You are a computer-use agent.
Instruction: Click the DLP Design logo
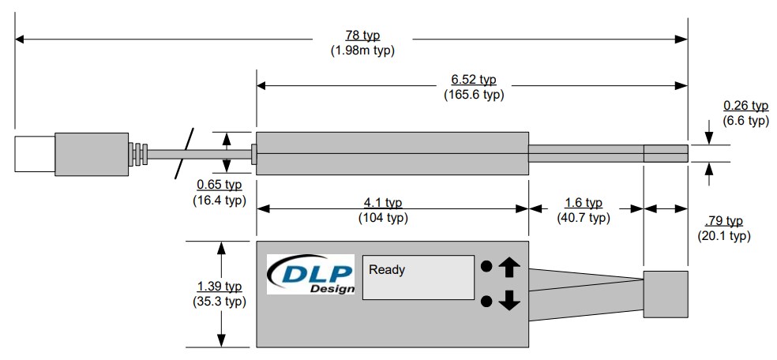[310, 274]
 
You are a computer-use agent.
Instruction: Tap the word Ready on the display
[386, 270]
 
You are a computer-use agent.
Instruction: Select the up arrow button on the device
[509, 267]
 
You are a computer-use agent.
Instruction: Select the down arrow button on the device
[509, 300]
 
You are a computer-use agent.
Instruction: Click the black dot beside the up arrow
[487, 267]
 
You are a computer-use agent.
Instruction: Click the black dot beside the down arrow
[487, 300]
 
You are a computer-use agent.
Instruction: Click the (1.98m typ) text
[362, 51]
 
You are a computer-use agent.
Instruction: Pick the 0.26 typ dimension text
[745, 106]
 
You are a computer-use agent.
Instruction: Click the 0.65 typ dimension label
[219, 186]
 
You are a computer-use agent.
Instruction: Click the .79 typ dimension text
[723, 221]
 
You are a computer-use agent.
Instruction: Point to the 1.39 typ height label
[219, 287]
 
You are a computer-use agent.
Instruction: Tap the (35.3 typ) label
[219, 301]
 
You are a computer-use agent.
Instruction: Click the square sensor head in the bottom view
[665, 293]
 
